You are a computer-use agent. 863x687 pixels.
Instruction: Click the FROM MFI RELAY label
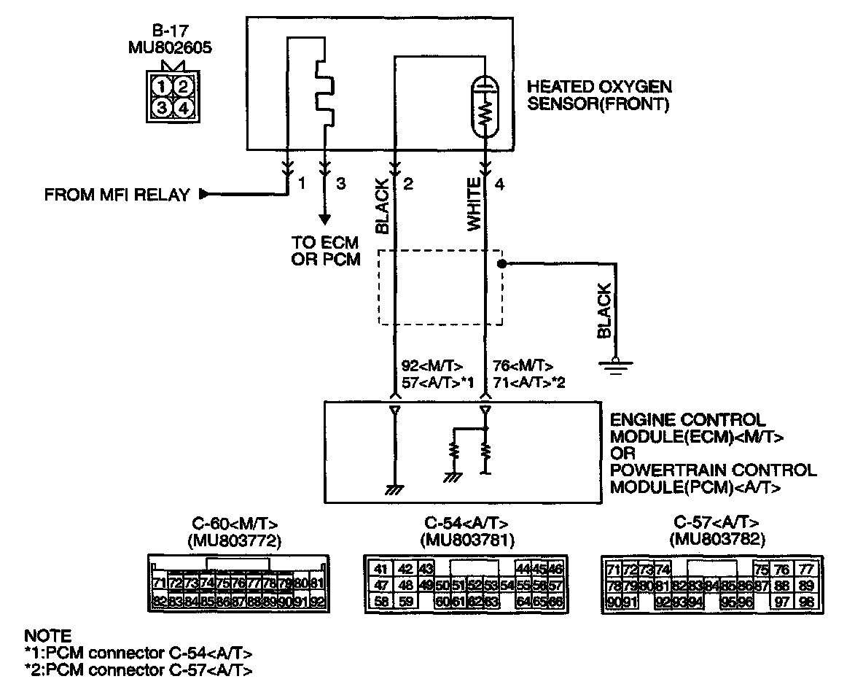[117, 195]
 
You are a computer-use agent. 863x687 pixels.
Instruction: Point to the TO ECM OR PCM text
[326, 252]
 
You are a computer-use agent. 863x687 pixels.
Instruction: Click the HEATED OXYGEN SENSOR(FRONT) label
[599, 95]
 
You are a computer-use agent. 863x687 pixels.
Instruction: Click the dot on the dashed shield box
[501, 263]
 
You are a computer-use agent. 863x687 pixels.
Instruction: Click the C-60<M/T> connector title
[235, 524]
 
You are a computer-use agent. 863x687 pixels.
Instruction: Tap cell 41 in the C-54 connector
[380, 569]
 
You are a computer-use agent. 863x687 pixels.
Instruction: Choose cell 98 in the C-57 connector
[806, 602]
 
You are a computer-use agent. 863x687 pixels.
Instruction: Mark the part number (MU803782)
[716, 540]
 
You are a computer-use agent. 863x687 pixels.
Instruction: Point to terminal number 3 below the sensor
[340, 184]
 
